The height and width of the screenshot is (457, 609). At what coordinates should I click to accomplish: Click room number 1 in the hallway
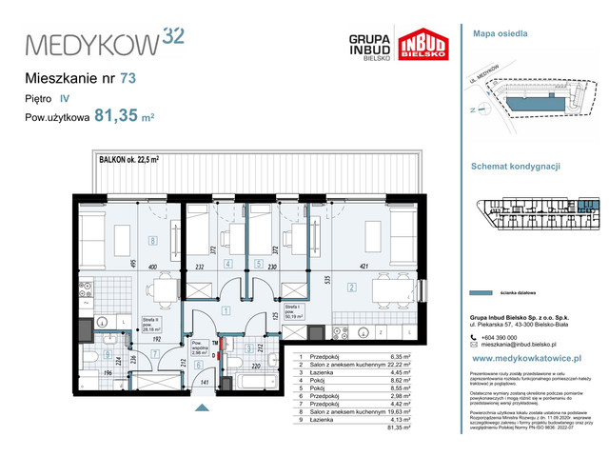[225, 310]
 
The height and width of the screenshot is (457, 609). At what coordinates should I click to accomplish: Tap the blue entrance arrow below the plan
[200, 407]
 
